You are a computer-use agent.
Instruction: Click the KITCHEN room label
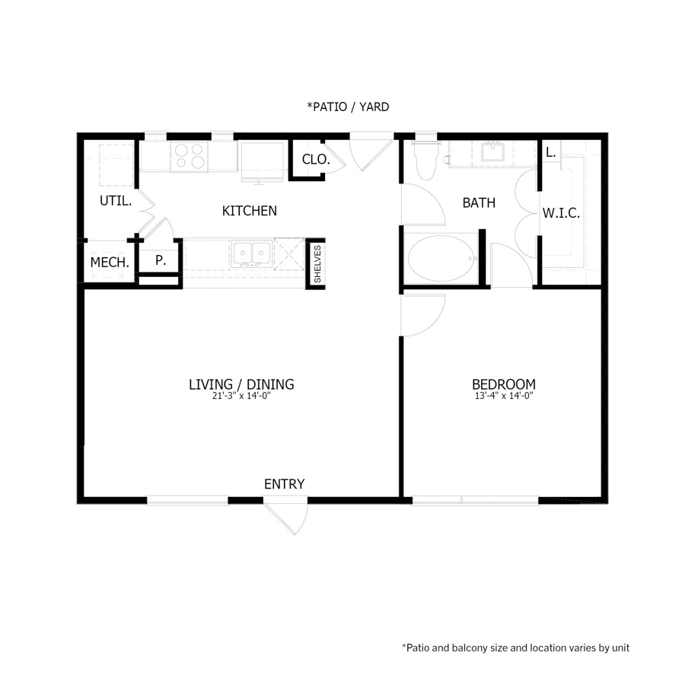coord(249,211)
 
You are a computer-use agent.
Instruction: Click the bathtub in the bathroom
coord(441,259)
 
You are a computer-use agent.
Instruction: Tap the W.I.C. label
coord(561,214)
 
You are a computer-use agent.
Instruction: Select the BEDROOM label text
coord(503,384)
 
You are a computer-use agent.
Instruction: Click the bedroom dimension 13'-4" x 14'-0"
coord(503,397)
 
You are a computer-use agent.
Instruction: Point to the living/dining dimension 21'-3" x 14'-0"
coord(241,397)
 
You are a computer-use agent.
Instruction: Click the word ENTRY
coord(284,484)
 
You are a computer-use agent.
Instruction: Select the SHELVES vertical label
coord(317,264)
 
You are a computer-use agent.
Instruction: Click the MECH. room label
coord(110,263)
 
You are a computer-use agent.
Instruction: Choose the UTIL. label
coord(116,202)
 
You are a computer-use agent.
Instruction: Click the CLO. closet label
coord(316,160)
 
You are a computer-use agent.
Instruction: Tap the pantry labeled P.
coord(160,260)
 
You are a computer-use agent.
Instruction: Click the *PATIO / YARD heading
coord(348,107)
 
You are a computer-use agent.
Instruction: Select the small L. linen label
coord(550,151)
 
